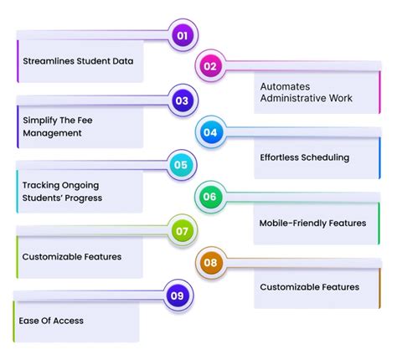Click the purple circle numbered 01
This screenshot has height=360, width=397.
(x=181, y=35)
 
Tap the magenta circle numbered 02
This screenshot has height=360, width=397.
(x=209, y=66)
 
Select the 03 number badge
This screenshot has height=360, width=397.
(x=181, y=100)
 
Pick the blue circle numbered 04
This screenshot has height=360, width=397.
(x=209, y=132)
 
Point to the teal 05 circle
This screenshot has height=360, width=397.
(x=181, y=165)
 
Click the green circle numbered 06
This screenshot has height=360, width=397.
(x=209, y=198)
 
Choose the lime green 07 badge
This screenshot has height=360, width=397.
(x=181, y=229)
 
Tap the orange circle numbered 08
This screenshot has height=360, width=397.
(x=209, y=263)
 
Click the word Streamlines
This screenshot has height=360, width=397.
(x=50, y=61)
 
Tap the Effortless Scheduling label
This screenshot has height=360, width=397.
(x=304, y=157)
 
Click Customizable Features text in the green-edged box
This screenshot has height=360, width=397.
(x=72, y=256)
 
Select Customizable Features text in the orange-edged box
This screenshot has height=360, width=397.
(x=309, y=287)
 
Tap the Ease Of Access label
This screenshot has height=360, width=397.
(x=51, y=321)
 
